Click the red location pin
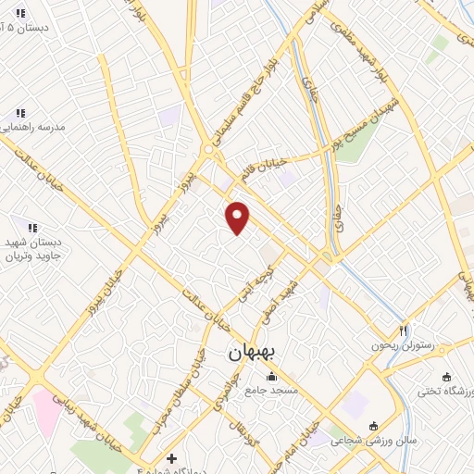coord(238,217)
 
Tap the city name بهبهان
coord(252,352)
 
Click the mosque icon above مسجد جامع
coord(271,377)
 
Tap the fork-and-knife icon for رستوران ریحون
coord(404,331)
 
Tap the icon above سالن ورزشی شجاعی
coord(373,427)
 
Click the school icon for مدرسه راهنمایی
coord(20,113)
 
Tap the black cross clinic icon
coord(171,458)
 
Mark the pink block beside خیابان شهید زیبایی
coord(44,406)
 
